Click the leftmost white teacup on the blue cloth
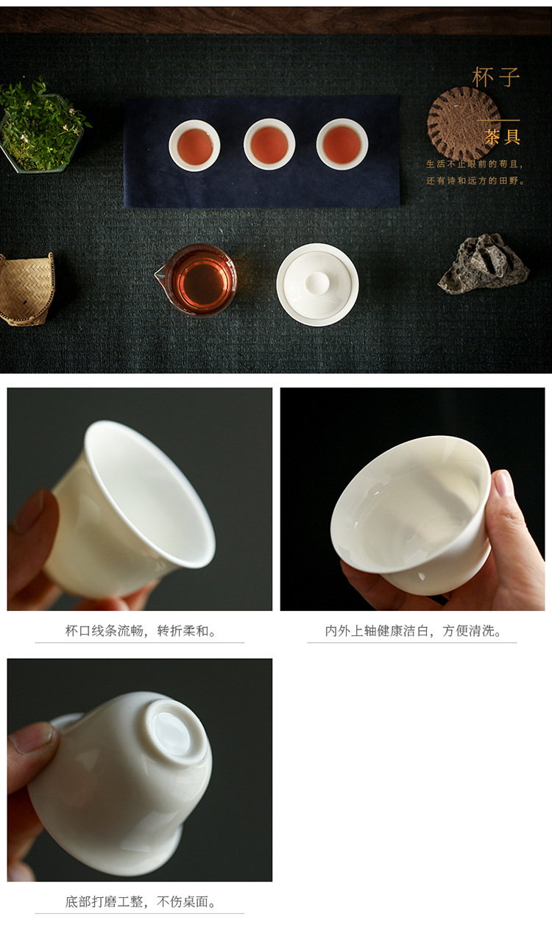(194, 146)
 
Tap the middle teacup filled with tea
(269, 144)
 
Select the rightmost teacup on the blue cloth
(342, 144)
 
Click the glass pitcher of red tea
(197, 279)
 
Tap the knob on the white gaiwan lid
(317, 283)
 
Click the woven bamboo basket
(26, 289)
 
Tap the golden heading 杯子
(496, 77)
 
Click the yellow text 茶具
(502, 136)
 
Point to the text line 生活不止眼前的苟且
(475, 164)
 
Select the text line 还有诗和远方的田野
(475, 181)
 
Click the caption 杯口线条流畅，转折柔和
(140, 631)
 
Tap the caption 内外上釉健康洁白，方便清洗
(413, 631)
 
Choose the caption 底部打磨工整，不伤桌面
(140, 902)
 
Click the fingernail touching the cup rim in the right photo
(503, 482)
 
